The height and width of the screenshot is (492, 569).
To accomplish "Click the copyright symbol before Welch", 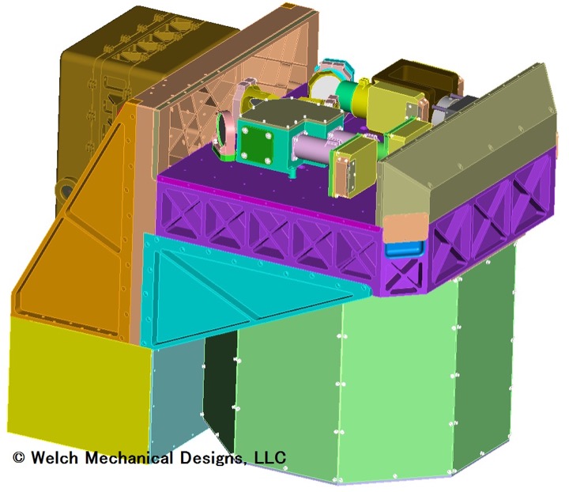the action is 18,457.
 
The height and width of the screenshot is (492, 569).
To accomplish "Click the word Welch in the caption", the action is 55,457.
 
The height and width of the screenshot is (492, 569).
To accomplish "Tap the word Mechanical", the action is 129,457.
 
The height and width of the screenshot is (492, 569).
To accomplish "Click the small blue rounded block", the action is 405,249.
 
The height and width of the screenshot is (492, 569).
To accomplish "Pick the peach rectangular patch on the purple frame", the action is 405,227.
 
